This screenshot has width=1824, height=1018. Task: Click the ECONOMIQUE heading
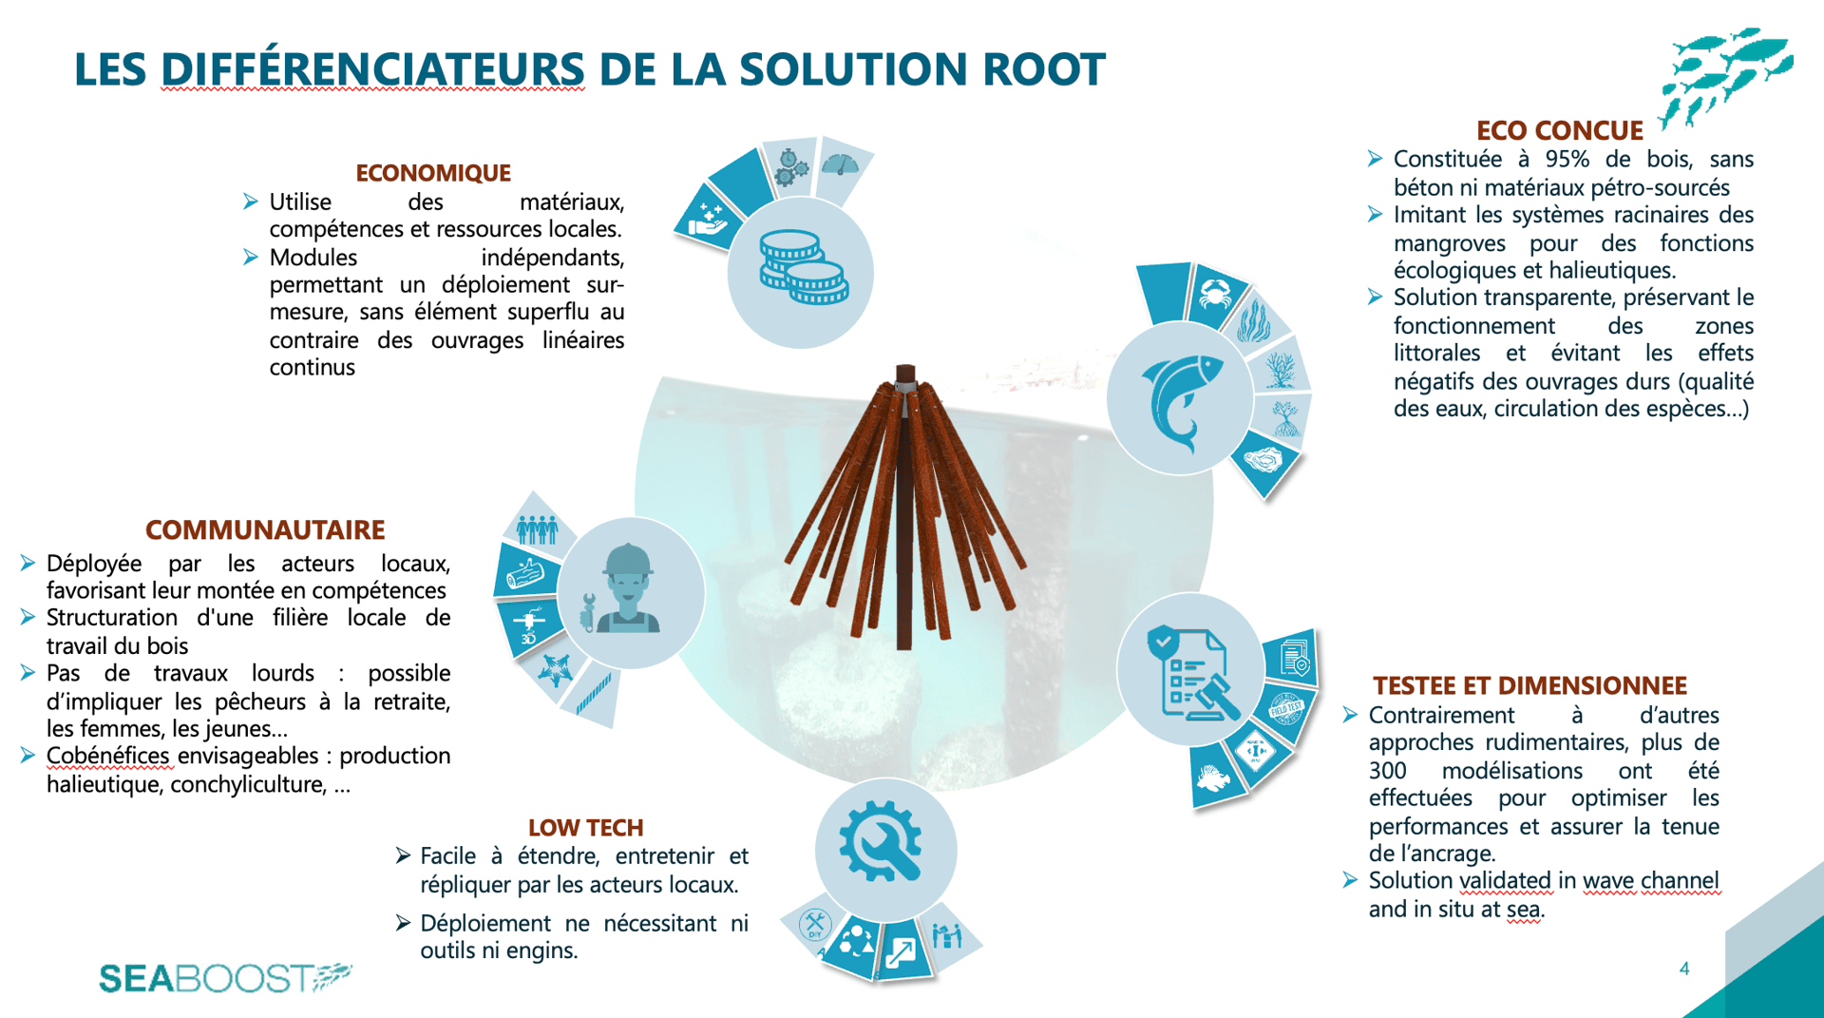pyautogui.click(x=433, y=173)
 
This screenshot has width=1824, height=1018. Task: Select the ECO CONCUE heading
pyautogui.click(x=1559, y=130)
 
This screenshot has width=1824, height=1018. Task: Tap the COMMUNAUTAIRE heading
pyautogui.click(x=265, y=529)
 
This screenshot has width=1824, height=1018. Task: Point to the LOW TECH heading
pyautogui.click(x=585, y=828)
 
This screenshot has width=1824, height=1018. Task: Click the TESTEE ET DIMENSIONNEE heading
pyautogui.click(x=1529, y=685)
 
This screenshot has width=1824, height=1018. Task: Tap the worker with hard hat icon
pyautogui.click(x=627, y=589)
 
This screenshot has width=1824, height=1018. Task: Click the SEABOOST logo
pyautogui.click(x=225, y=977)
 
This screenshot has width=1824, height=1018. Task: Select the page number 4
pyautogui.click(x=1684, y=969)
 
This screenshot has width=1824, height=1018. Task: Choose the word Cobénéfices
pyautogui.click(x=108, y=756)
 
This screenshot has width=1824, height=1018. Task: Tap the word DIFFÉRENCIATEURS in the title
pyautogui.click(x=372, y=69)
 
